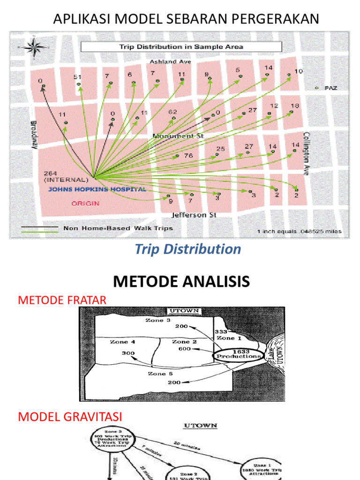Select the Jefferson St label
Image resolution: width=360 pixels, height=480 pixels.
[x=189, y=215]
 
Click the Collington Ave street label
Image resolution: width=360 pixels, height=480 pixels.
[x=307, y=153]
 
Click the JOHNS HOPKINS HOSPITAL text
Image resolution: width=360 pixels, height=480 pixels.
[x=97, y=189]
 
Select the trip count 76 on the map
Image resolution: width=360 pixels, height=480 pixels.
[x=188, y=156]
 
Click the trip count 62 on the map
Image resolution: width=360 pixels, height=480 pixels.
[x=172, y=112]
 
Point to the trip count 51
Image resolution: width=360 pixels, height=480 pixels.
[x=78, y=77]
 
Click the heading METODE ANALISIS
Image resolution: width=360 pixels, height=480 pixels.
[x=181, y=282]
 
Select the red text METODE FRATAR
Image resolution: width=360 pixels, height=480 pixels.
[x=62, y=300]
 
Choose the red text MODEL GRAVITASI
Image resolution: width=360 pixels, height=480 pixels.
[x=69, y=416]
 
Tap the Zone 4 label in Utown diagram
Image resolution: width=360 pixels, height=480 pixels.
[x=122, y=342]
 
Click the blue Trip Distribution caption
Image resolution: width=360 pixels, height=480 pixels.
[x=187, y=249]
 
